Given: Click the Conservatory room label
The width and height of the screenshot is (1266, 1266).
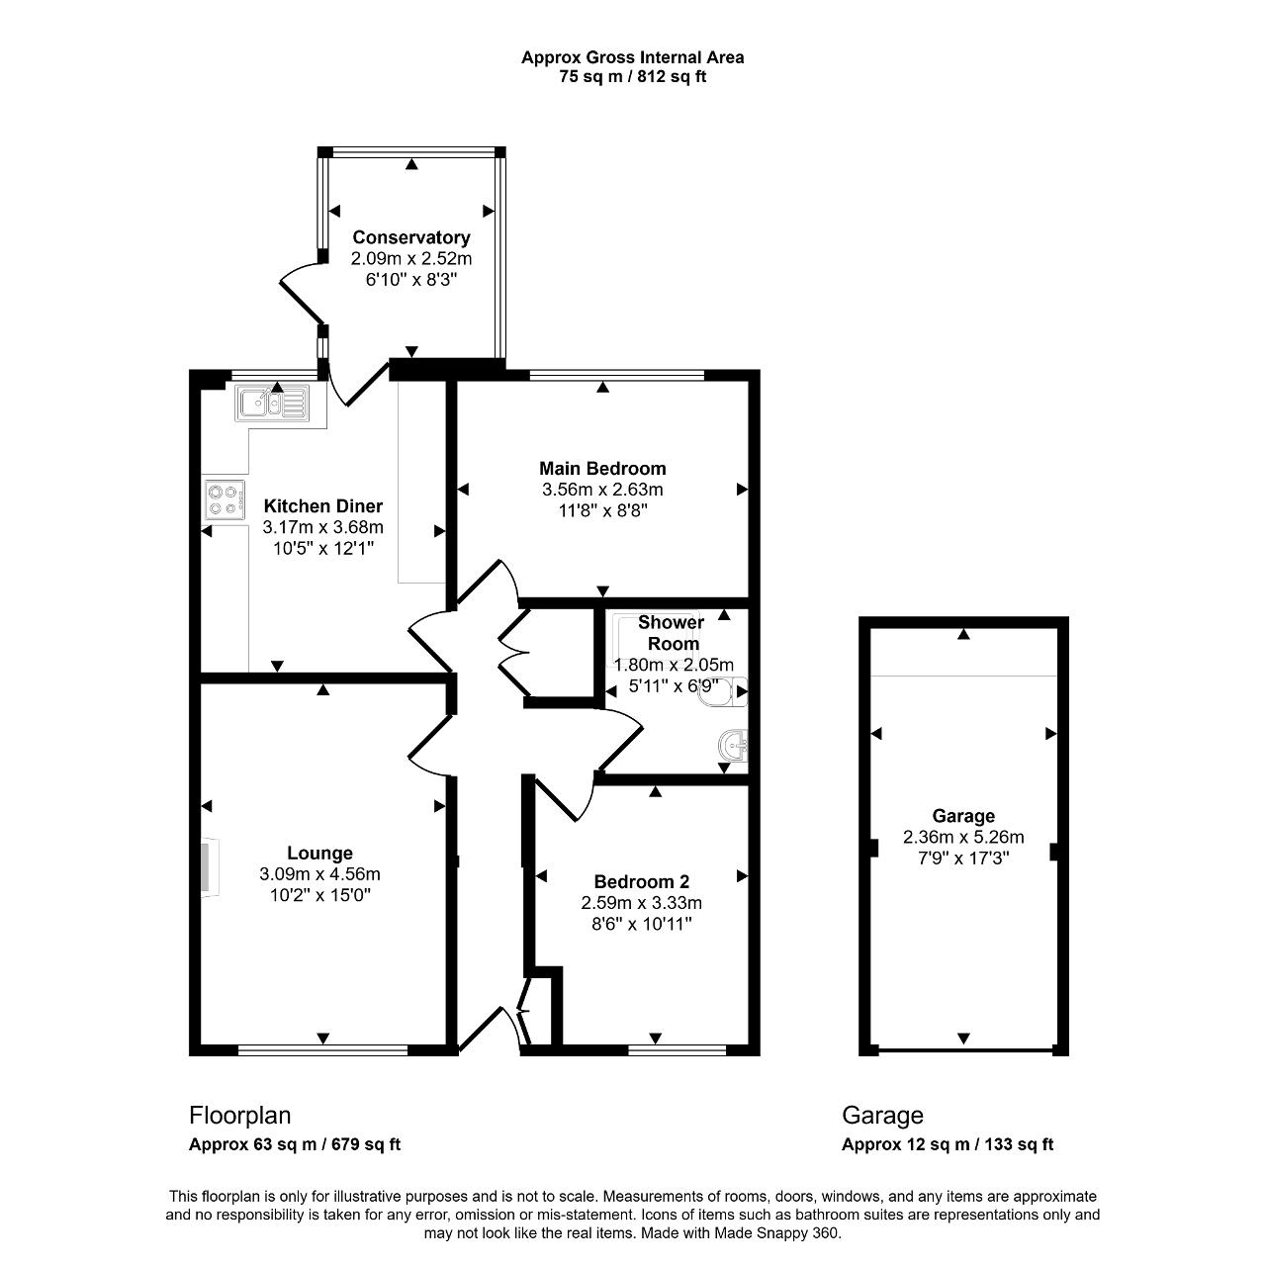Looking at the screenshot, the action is coord(411,237).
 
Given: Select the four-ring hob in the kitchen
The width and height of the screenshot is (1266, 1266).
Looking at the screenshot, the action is coord(226,499).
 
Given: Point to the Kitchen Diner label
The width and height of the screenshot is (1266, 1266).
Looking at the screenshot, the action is coord(323,505).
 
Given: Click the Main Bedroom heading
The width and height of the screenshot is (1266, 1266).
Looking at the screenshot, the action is coord(602,469).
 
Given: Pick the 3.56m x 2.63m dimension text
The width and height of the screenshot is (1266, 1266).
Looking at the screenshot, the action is coord(602,490).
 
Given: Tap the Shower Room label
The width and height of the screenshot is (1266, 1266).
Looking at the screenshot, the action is coord(672,633).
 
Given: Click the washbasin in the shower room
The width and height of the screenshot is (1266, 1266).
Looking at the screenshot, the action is coord(734,746).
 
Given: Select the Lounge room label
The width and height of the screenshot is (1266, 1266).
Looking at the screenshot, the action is coord(319,853).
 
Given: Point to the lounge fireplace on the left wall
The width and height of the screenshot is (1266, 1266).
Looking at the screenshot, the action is coord(209,866).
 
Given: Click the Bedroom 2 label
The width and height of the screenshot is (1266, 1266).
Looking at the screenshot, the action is coord(642,881).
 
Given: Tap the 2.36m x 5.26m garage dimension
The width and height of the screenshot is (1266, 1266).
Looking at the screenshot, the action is coord(963,837).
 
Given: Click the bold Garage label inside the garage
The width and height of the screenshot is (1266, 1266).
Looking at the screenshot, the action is coord(963,816).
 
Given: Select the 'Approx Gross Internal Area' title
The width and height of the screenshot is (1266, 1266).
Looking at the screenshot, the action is coord(633,57).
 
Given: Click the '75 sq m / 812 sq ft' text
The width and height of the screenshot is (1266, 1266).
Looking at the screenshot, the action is coord(633,77).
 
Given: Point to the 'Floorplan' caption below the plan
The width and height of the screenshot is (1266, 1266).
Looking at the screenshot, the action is coord(239,1116).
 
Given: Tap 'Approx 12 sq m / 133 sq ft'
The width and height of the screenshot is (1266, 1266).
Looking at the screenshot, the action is coord(948,1144).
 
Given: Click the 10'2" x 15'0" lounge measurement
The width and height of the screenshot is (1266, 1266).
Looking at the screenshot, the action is coord(319,895).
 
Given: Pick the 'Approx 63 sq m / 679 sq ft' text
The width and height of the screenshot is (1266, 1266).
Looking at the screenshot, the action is coord(295,1144).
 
